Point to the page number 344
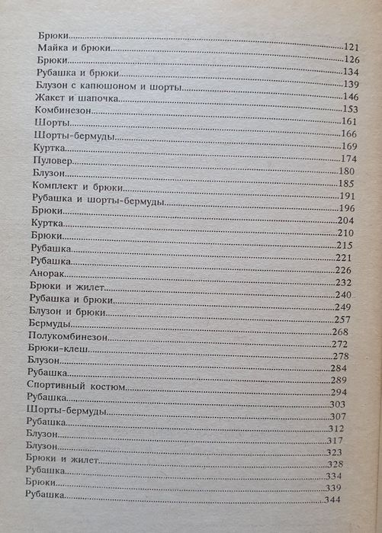[331, 499]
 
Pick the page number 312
[337, 429]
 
